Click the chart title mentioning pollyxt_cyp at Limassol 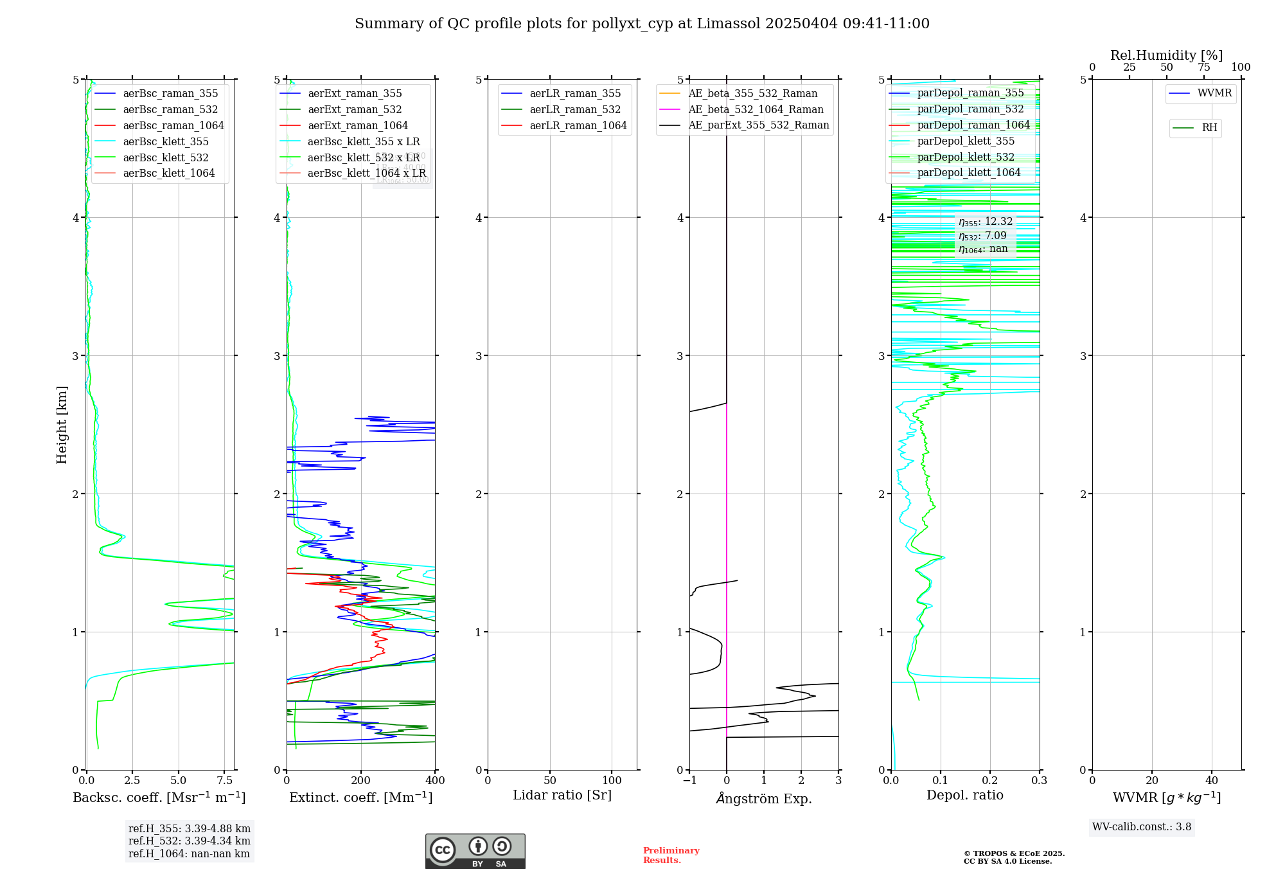[x=642, y=24]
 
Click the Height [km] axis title [x=62, y=424]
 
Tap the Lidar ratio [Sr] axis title [x=562, y=796]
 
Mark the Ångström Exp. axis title [x=764, y=798]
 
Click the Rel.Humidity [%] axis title [x=1166, y=55]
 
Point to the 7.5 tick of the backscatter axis [x=225, y=781]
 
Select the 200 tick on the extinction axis [x=361, y=781]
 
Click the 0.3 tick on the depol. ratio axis [x=1039, y=781]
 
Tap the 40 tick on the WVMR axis [x=1211, y=781]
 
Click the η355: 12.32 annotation [x=986, y=222]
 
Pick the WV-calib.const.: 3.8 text [x=1141, y=827]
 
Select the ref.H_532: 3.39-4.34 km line [x=189, y=841]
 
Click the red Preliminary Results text [x=671, y=855]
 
